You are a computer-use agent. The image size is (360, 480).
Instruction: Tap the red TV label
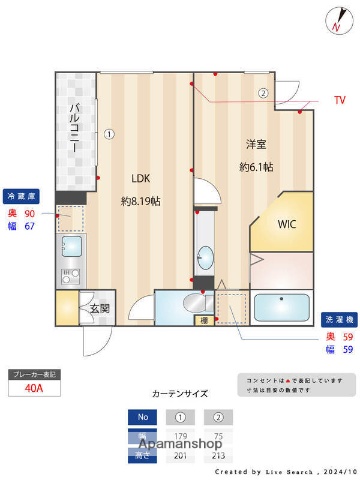click(340, 101)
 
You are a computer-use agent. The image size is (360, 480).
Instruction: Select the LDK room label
click(141, 179)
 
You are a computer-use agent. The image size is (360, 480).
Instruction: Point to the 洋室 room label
click(255, 142)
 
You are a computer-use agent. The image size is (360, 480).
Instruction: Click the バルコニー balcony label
click(75, 131)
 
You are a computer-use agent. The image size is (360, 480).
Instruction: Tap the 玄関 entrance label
click(100, 308)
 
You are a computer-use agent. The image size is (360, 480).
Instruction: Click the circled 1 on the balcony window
click(110, 133)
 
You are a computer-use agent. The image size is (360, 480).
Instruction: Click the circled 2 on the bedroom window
click(263, 94)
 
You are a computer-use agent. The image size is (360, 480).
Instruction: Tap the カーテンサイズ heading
click(179, 395)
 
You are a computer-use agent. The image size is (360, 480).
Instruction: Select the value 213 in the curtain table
click(218, 456)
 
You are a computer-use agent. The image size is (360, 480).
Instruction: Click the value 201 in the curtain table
click(181, 456)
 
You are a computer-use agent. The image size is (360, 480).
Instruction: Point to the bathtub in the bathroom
click(283, 307)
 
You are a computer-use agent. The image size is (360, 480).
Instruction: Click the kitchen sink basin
click(72, 245)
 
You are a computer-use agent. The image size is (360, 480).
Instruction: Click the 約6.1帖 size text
click(256, 166)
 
